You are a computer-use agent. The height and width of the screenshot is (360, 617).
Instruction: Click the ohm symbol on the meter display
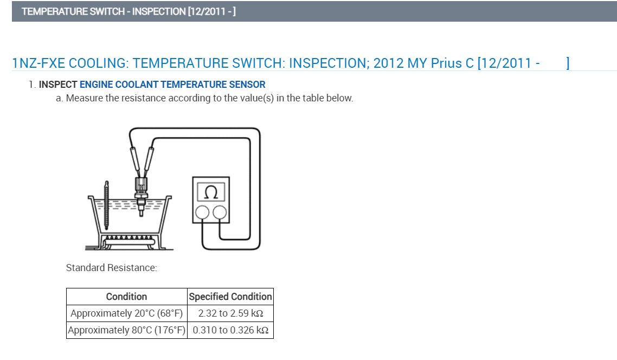click(212, 192)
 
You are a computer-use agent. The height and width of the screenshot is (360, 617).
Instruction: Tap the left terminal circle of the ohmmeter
click(203, 213)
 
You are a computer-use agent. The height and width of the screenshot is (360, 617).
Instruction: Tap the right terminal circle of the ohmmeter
click(220, 213)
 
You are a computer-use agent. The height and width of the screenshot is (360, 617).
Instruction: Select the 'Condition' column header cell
click(126, 297)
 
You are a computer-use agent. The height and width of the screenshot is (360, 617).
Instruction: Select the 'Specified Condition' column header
click(230, 297)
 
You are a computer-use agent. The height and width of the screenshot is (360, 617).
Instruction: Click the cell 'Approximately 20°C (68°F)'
click(127, 313)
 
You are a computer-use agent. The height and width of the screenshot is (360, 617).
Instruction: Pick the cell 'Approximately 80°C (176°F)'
click(127, 330)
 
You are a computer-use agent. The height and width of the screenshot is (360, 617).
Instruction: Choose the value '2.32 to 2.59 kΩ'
click(230, 313)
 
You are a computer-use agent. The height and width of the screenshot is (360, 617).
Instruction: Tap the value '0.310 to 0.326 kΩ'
click(230, 330)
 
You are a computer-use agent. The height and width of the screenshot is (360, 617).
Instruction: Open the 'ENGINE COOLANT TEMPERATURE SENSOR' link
click(172, 85)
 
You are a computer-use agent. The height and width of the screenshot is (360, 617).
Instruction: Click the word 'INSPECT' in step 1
click(58, 85)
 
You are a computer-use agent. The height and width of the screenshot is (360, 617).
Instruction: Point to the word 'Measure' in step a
click(83, 98)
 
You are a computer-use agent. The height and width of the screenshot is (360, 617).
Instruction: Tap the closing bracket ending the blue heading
click(567, 63)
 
